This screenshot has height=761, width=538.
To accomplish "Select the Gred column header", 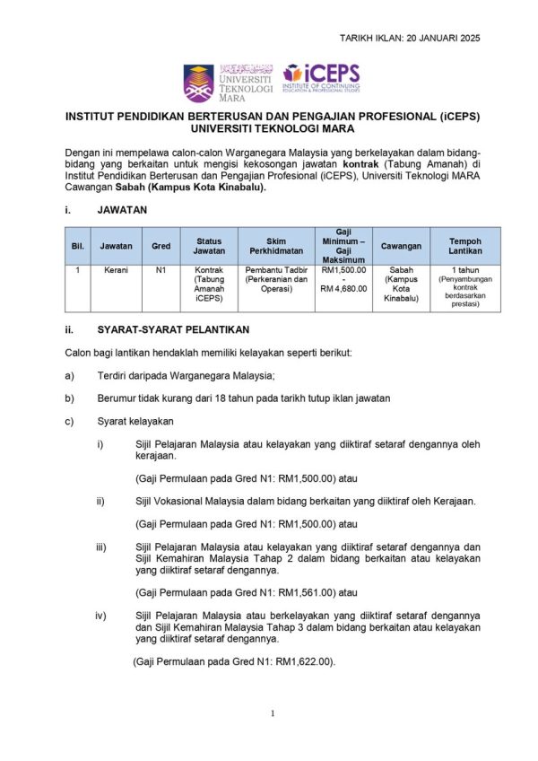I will coord(161,245).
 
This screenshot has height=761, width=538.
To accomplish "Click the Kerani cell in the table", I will coord(115,269).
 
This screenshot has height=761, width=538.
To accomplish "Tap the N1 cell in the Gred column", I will coord(161,269).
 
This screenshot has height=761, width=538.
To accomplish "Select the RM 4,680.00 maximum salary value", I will coord(343,288).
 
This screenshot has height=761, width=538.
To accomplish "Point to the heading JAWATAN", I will coord(122,209).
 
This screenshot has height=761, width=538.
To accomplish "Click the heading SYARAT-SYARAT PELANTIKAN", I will coord(174,329).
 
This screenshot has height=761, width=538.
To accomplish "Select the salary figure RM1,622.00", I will coord(305,661).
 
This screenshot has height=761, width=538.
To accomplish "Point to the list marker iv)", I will coord(101,615).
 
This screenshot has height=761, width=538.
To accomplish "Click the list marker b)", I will coord(70,398).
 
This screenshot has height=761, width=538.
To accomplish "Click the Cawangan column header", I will coord(401,245).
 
